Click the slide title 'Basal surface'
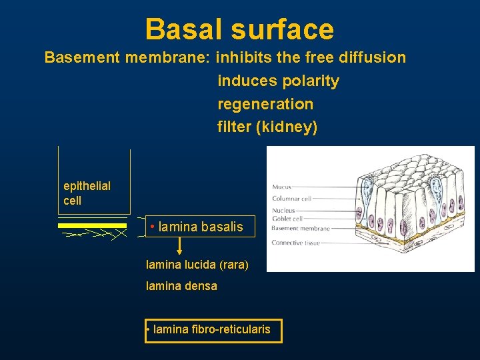tap(239, 29)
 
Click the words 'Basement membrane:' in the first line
tap(127, 57)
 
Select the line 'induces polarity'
tap(278, 81)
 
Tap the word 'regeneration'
tap(265, 104)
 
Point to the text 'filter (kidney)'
tap(267, 127)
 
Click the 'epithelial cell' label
tap(87, 193)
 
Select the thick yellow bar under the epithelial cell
tap(92, 225)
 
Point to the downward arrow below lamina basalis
tap(179, 246)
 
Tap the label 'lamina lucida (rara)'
tap(197, 265)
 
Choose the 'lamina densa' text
tap(181, 286)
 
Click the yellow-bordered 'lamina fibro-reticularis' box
tap(213, 329)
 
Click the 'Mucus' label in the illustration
tap(281, 187)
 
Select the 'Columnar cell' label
tap(291, 198)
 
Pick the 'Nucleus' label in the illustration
tap(283, 211)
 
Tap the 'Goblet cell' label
tap(287, 219)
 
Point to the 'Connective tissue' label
tap(296, 243)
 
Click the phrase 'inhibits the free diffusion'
tap(311, 57)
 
